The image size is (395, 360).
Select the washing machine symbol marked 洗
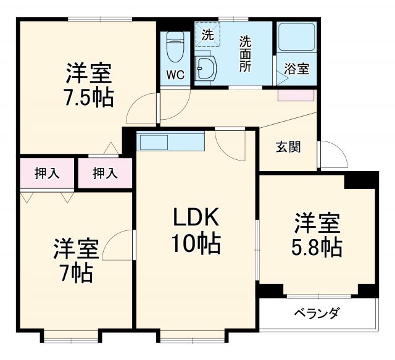[x=208, y=35]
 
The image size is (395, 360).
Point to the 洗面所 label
[x=245, y=54]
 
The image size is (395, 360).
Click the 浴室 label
[x=297, y=69]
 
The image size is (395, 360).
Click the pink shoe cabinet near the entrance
[x=296, y=95]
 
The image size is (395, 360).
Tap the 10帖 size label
[x=196, y=245]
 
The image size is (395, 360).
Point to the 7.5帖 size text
[x=89, y=98]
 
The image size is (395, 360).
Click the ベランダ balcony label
[x=316, y=313]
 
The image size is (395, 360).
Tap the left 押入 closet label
[x=47, y=174]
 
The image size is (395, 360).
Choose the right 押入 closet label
[x=104, y=174]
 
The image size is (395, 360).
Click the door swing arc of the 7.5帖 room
[x=141, y=109]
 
